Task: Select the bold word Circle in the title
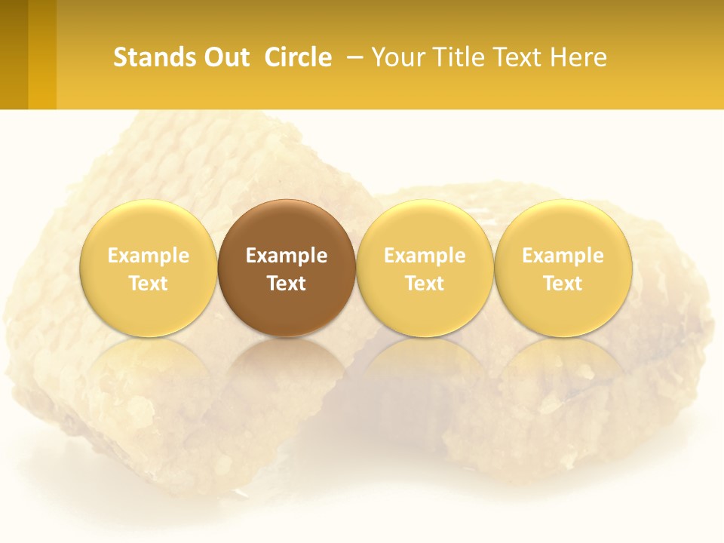298,57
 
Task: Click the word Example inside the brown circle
287,256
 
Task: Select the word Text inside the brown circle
287,284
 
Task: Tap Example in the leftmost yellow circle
149,256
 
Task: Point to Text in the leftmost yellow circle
149,284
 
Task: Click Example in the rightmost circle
563,256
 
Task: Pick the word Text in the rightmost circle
563,284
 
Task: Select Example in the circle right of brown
425,256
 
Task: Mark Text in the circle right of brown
425,284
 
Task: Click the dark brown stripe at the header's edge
14,54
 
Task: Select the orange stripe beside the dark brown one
42,54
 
